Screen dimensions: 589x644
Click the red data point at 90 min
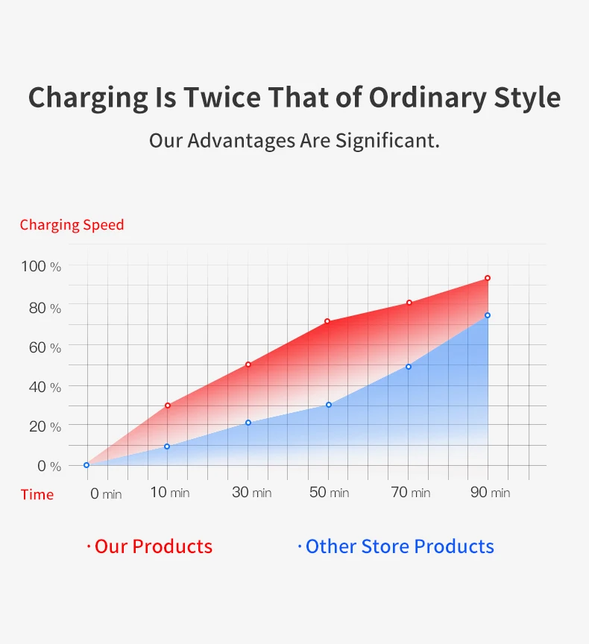488,278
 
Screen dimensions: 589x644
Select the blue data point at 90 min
488,315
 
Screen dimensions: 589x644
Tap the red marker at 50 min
327,321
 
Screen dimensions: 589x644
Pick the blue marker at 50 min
329,405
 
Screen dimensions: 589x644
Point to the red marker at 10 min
168,405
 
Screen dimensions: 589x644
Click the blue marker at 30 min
248,423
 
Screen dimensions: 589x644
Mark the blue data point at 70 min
409,367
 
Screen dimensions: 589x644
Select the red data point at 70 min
409,303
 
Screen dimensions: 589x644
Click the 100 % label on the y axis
41,267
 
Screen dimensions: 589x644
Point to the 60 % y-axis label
45,348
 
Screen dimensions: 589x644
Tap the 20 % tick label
45,427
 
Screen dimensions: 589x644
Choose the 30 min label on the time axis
252,492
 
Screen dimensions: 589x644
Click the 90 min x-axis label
491,492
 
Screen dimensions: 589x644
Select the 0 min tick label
106,493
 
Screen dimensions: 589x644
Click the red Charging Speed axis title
72,225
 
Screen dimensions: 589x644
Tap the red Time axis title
37,494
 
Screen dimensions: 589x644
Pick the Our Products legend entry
150,546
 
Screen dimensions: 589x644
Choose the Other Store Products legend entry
396,546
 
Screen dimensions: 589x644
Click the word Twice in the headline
222,98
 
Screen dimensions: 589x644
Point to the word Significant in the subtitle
388,141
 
